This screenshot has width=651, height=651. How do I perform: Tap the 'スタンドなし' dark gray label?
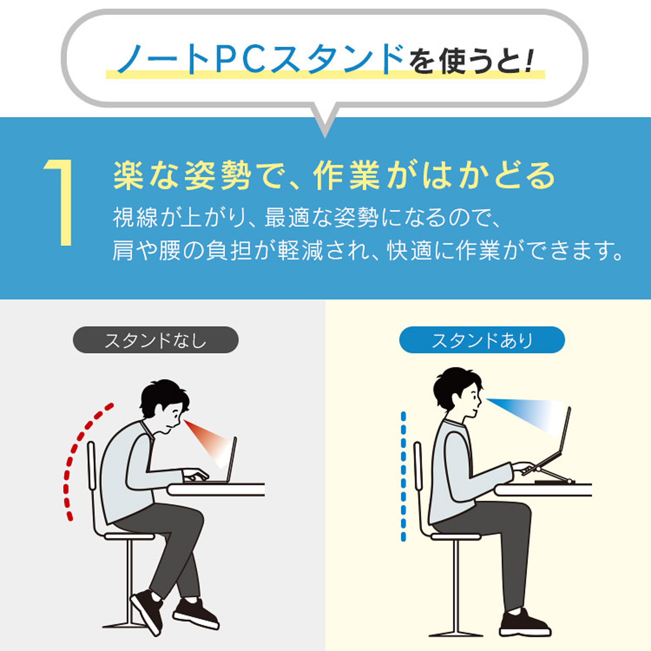(x=156, y=340)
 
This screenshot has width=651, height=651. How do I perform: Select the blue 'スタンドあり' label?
(x=482, y=340)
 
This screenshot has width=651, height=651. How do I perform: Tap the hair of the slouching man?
(x=163, y=396)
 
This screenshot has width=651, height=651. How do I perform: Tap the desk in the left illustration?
(x=216, y=490)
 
